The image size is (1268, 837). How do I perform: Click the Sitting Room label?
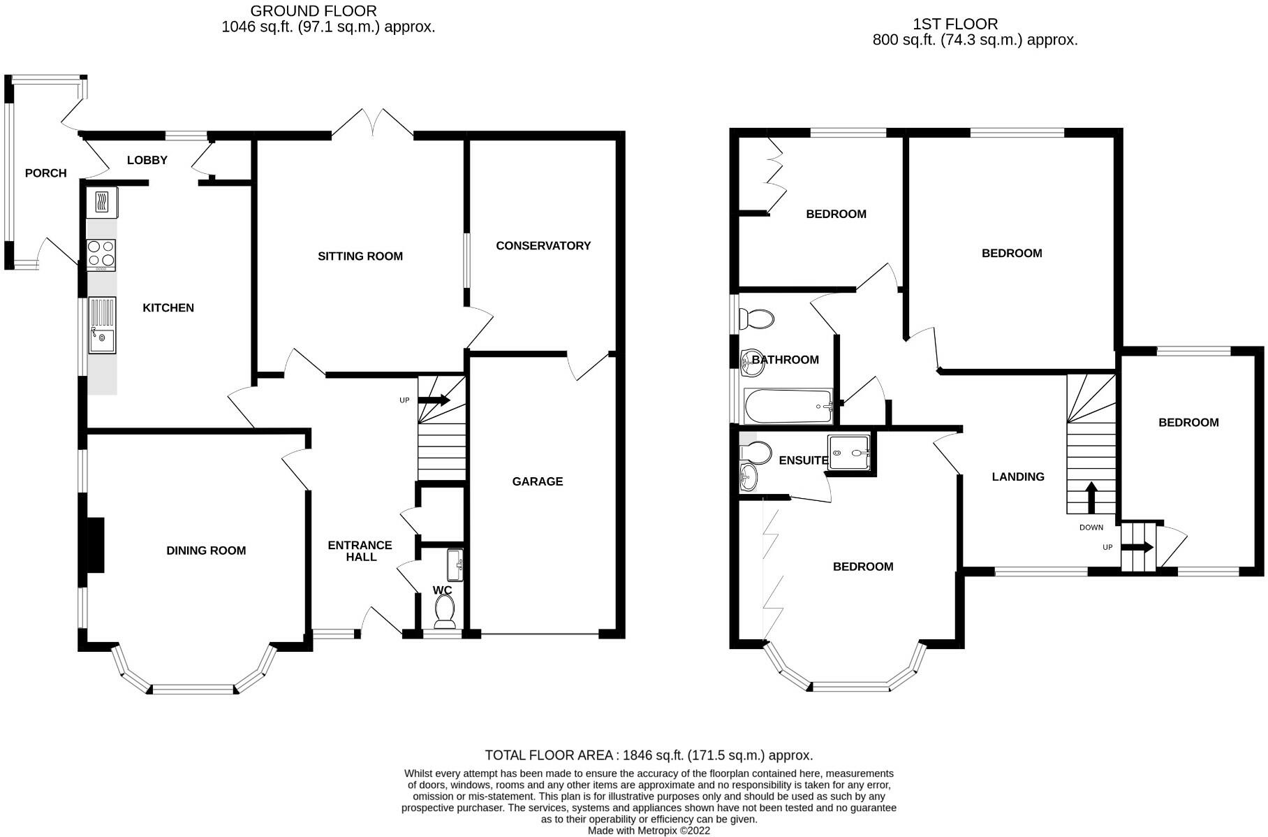tap(360, 256)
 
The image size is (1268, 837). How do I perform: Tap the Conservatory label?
tap(543, 246)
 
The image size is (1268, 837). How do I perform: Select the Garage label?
tap(537, 481)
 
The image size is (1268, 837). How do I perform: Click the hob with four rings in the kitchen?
tap(101, 254)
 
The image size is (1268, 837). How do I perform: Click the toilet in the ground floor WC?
tap(445, 613)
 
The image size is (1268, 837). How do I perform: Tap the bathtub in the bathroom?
tap(788, 407)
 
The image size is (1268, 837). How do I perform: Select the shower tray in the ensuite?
tap(849, 452)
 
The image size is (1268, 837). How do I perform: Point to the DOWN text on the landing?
tap(1091, 527)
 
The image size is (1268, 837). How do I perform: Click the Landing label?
tap(1018, 477)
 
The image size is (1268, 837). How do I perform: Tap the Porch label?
tap(46, 173)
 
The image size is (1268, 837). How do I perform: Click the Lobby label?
tap(147, 161)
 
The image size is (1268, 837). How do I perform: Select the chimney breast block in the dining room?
tap(94, 545)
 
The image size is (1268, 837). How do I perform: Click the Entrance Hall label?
tap(360, 551)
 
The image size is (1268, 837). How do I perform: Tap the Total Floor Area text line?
tap(649, 755)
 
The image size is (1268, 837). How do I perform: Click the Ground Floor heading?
tap(314, 11)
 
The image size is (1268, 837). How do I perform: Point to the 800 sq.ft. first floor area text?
tap(975, 40)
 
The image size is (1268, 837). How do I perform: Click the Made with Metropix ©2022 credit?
tap(649, 831)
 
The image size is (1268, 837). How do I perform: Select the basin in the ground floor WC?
tap(456, 565)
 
